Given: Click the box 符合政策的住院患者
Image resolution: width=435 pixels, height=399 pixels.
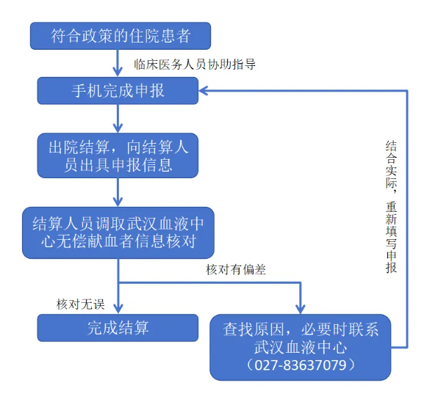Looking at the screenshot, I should click(x=121, y=34).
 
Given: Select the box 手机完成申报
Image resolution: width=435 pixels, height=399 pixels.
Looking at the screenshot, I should click(x=118, y=91).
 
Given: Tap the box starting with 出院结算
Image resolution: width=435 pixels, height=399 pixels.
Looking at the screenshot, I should click(x=118, y=155).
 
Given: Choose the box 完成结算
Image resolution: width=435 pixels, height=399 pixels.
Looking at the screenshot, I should click(x=118, y=327).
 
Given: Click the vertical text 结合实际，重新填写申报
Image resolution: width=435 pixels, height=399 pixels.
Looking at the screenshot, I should click(x=391, y=207).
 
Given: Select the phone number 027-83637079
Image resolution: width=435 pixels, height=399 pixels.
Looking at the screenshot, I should click(x=301, y=365).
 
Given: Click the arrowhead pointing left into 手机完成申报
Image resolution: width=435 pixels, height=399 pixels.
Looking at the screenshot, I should click(x=205, y=91).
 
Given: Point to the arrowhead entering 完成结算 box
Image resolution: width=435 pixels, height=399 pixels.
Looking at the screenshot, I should click(x=118, y=309).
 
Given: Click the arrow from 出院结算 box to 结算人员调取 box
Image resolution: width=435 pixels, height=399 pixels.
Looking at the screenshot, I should click(x=118, y=191).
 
